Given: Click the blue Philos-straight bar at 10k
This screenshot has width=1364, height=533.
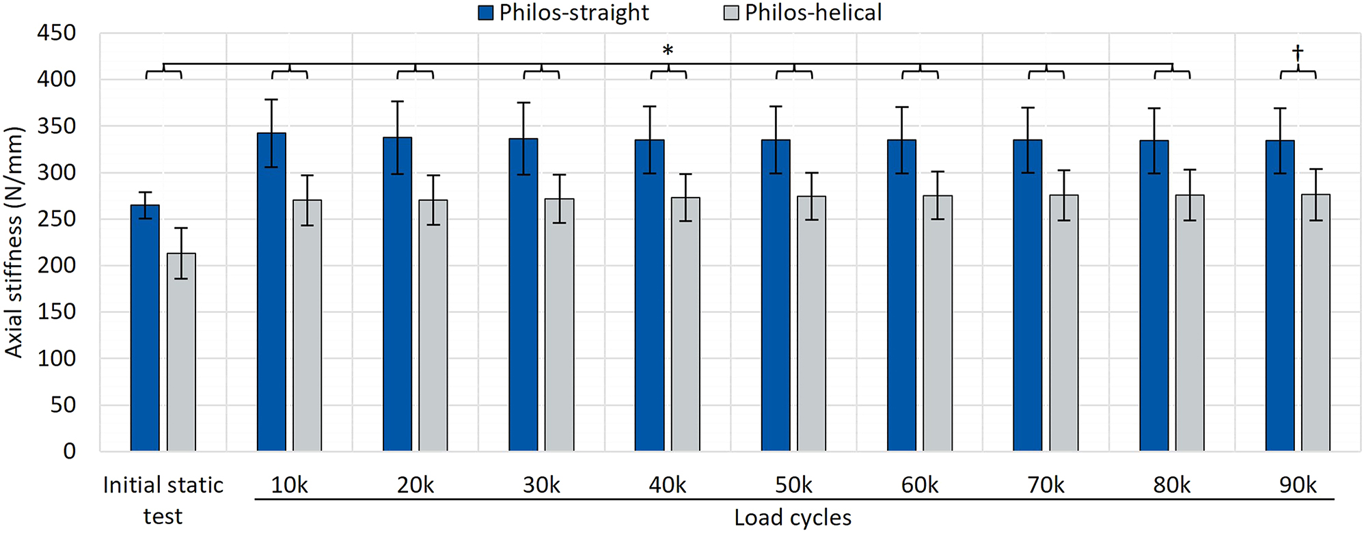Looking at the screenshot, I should point(271,294).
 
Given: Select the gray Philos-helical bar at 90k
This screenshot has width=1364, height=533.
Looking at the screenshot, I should point(1315,325).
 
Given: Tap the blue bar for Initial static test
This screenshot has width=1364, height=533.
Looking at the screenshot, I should point(145,328).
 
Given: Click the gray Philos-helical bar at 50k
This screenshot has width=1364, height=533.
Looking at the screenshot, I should point(811,325).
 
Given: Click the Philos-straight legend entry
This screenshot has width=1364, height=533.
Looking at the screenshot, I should point(564,12).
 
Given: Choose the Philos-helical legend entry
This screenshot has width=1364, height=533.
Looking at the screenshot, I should point(804,12).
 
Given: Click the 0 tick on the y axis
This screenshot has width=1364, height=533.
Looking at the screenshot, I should point(69,451).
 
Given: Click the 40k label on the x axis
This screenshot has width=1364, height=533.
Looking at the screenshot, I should point(667,485).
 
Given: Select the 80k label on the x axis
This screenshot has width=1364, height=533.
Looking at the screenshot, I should point(1171,485).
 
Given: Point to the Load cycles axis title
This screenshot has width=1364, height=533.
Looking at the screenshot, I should point(793,518).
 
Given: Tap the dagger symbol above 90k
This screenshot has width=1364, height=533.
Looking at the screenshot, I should point(1298,53).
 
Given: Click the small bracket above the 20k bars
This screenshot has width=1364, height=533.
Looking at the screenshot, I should point(415,72).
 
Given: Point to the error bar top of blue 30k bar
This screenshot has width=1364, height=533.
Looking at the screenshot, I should point(523,102).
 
